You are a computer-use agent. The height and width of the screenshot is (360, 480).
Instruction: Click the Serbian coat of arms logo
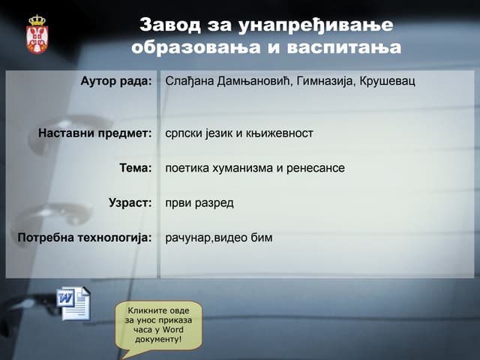click(37, 34)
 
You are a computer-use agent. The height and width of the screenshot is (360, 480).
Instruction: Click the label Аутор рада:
click(116, 80)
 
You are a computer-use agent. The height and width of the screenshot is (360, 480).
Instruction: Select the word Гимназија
click(328, 80)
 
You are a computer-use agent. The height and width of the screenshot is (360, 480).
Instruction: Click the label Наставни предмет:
click(95, 133)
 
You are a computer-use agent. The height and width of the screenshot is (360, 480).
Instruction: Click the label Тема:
click(136, 168)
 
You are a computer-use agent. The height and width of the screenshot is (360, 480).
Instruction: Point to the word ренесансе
click(316, 168)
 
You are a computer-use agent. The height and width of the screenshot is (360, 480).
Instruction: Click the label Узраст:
click(130, 202)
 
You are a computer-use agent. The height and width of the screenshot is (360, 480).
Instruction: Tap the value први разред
click(199, 202)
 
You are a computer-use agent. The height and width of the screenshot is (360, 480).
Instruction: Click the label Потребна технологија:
click(85, 238)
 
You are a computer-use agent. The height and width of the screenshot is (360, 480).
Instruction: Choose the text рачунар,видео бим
click(219, 238)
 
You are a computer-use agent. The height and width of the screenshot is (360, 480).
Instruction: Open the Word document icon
click(73, 303)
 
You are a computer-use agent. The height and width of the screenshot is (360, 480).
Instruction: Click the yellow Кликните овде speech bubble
click(158, 323)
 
